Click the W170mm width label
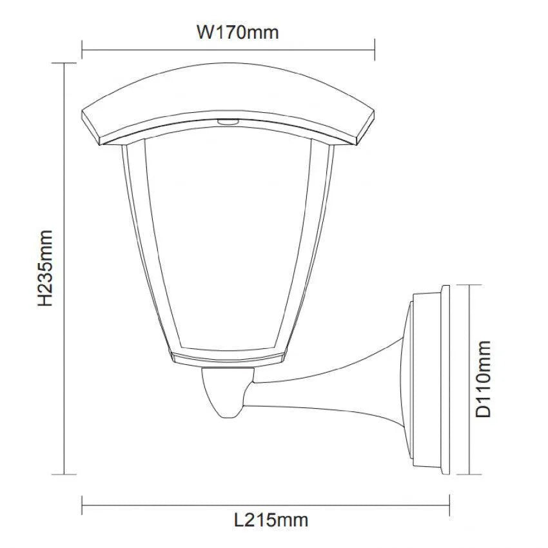[x=237, y=32]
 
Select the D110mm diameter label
[x=484, y=380]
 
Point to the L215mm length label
[x=271, y=519]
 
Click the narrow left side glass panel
[x=133, y=245]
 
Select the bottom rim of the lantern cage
[x=227, y=357]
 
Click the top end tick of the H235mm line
[x=64, y=63]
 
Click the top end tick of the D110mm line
[x=468, y=286]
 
